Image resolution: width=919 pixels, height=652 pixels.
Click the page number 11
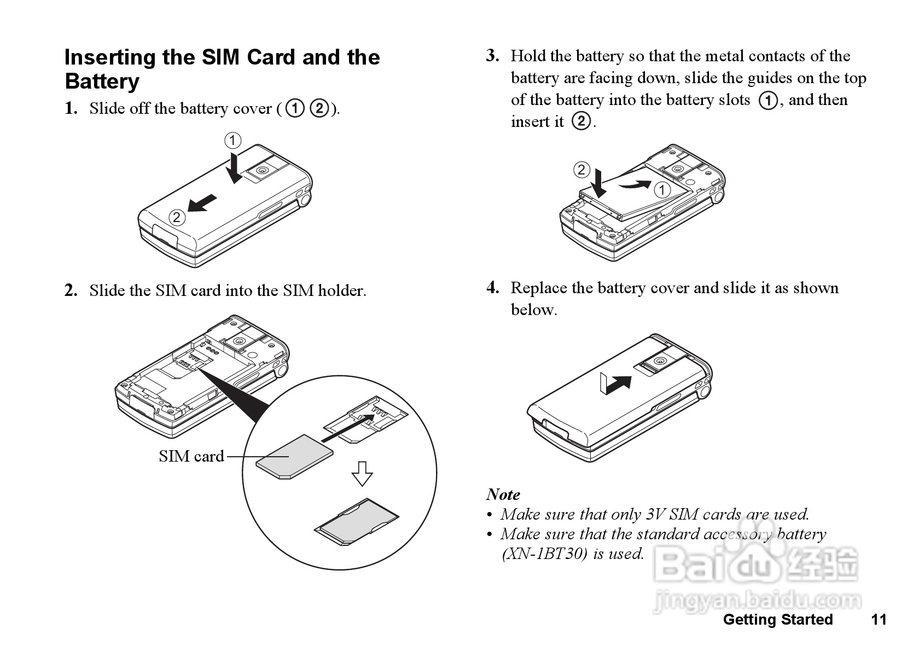879,619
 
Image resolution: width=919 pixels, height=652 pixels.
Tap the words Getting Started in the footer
777,619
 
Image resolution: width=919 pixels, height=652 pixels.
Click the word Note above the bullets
503,494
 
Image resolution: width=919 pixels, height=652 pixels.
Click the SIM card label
191,456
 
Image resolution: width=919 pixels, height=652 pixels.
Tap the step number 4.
492,288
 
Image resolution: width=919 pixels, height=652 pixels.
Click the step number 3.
492,56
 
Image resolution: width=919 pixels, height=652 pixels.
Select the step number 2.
71,290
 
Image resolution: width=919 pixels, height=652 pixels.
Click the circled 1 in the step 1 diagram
232,141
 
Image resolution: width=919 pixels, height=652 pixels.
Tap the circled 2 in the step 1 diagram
176,218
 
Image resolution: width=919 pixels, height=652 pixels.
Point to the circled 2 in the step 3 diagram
581,170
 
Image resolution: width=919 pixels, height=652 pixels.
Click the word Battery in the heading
102,81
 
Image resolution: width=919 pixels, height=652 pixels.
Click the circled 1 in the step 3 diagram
662,190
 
